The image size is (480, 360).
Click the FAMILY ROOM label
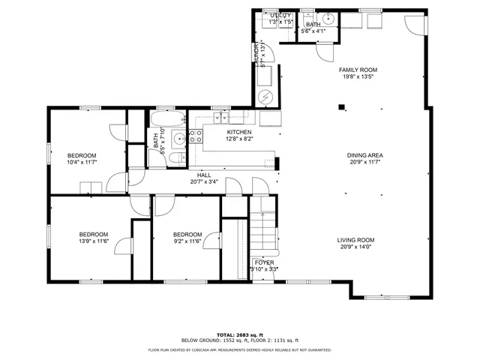pos(356,69)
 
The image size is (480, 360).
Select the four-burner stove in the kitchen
pos(195,136)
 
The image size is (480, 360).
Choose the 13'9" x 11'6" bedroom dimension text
pos(94,241)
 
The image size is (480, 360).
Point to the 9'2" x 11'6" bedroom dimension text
pos(187,241)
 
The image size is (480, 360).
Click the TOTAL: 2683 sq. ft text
pos(239,334)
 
